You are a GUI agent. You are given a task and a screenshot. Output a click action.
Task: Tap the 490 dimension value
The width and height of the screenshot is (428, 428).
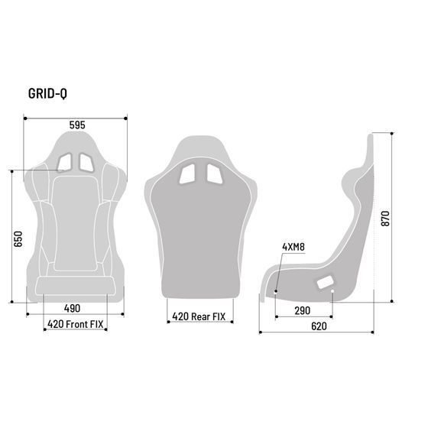(72, 309)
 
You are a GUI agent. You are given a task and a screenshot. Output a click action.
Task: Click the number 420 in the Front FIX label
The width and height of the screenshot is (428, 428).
(57, 324)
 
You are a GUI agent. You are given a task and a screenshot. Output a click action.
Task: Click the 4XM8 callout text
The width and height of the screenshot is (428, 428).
(293, 247)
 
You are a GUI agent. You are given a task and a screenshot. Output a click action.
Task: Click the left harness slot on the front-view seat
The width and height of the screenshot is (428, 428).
(65, 161)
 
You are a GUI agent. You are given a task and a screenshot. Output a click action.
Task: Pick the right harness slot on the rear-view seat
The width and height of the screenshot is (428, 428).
(212, 174)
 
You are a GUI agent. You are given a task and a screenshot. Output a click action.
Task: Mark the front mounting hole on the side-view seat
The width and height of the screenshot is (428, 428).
(277, 291)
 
